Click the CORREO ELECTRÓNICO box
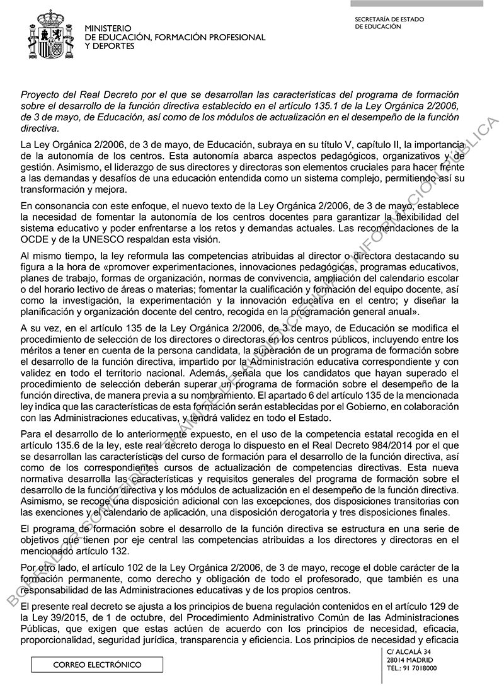[97, 665]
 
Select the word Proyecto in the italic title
[40, 94]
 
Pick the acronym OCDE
[34, 239]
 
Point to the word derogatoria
[318, 512]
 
